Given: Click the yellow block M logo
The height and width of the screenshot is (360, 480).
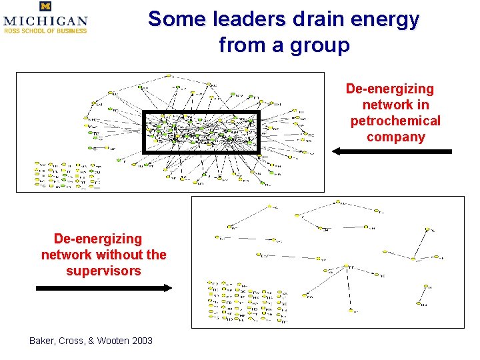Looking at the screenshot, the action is pos(45,7).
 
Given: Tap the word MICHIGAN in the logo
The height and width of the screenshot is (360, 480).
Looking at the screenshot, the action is pos(45,21).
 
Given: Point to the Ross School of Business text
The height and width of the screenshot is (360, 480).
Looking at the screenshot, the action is pos(45,30).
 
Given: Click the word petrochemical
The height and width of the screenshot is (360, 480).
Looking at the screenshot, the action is pos(395,121).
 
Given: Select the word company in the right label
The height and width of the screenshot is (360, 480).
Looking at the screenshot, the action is pos(395,138).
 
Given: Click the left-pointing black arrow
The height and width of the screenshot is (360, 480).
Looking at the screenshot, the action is pos(391,152).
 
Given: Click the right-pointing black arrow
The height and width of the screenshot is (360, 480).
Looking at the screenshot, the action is pos(103,288).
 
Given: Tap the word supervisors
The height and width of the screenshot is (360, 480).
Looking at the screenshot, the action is pos(103,271).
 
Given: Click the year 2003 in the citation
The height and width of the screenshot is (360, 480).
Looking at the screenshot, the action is pos(143,341).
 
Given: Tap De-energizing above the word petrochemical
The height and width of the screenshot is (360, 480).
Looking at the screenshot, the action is pos(389,89).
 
